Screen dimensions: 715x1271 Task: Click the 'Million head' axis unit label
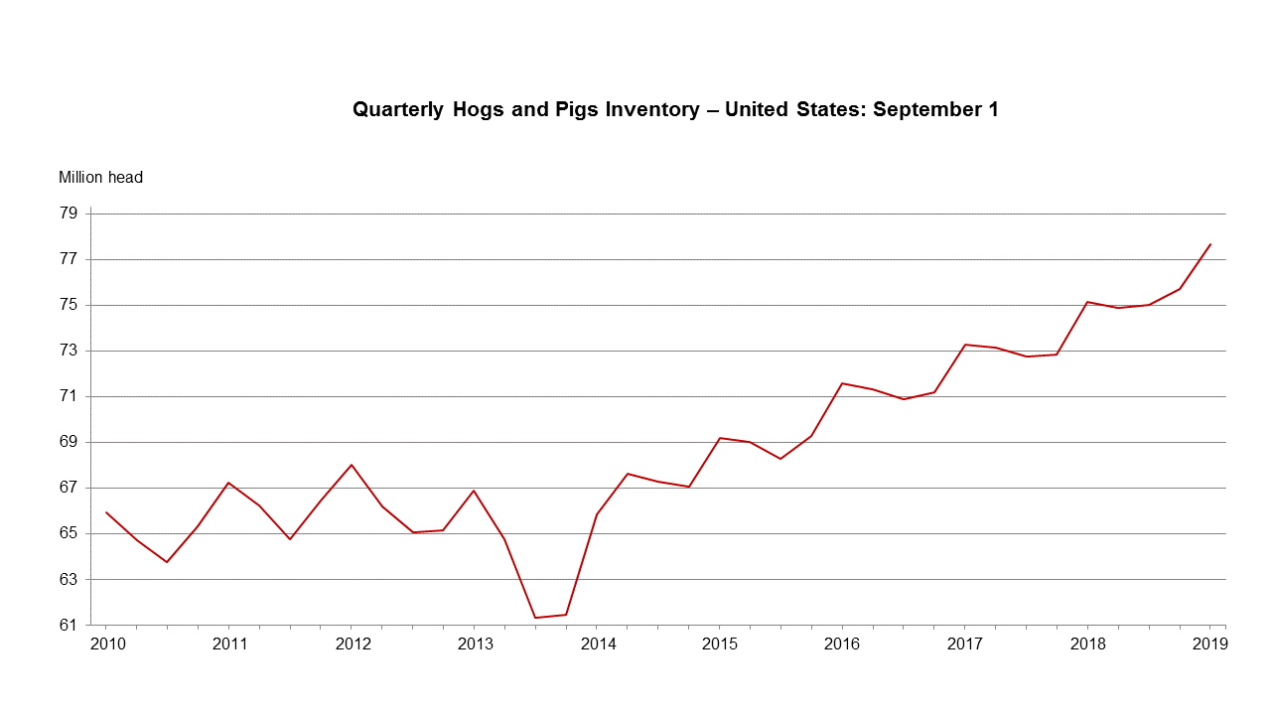(x=100, y=178)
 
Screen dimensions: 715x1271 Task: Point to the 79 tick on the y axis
(x=69, y=214)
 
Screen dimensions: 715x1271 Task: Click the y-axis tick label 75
(x=69, y=305)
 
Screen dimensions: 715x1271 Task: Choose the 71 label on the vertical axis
(x=69, y=396)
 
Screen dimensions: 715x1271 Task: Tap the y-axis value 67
(x=69, y=488)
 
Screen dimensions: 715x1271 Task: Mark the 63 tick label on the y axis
(x=69, y=579)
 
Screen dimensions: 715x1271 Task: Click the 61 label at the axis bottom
(x=69, y=625)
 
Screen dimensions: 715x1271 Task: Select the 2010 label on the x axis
(x=106, y=643)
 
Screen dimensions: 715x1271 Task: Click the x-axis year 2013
(x=474, y=643)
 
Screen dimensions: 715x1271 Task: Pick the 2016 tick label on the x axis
(x=842, y=643)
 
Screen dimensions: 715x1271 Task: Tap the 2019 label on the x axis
(x=1209, y=643)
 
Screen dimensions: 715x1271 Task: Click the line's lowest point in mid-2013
(x=535, y=618)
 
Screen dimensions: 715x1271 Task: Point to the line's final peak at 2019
(x=1209, y=244)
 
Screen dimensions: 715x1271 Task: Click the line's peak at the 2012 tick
(x=352, y=465)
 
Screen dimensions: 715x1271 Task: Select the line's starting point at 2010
(x=106, y=512)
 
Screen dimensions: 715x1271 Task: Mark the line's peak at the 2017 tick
(x=964, y=345)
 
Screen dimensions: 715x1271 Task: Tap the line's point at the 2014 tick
(x=597, y=514)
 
